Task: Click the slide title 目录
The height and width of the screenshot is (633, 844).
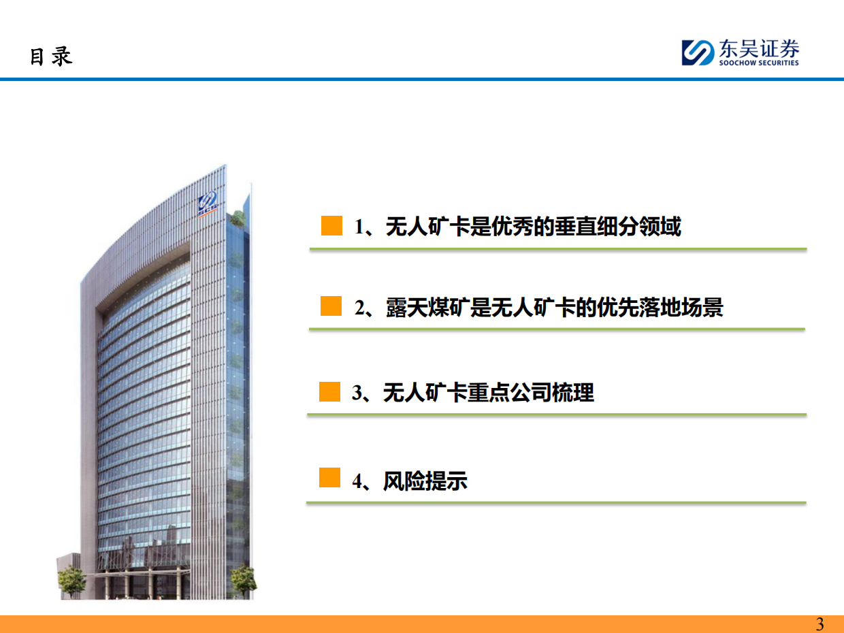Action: tap(51, 56)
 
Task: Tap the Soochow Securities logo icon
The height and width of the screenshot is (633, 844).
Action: tap(698, 52)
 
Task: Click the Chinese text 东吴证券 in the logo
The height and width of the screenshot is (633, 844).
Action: tap(758, 49)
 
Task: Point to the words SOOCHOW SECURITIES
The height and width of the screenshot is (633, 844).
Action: tap(758, 63)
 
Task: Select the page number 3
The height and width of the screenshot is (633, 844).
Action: tap(819, 624)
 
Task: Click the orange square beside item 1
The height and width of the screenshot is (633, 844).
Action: tap(331, 226)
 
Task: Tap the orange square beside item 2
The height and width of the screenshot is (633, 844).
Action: tap(331, 306)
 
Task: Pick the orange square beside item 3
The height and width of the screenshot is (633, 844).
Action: tap(329, 392)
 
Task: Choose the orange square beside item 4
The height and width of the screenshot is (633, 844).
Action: tap(329, 478)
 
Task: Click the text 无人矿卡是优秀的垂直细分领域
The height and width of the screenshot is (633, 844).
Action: tap(533, 227)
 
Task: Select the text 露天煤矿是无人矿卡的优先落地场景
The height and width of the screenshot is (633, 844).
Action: tap(554, 308)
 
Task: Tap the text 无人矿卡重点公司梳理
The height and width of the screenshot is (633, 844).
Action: tap(488, 393)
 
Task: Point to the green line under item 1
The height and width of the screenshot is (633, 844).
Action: tap(557, 249)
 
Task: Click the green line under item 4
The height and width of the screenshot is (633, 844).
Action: tap(555, 503)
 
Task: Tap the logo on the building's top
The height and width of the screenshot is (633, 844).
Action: tap(207, 202)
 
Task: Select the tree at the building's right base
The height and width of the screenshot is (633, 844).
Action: tap(243, 580)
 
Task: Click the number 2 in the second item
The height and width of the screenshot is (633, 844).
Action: tap(359, 308)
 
